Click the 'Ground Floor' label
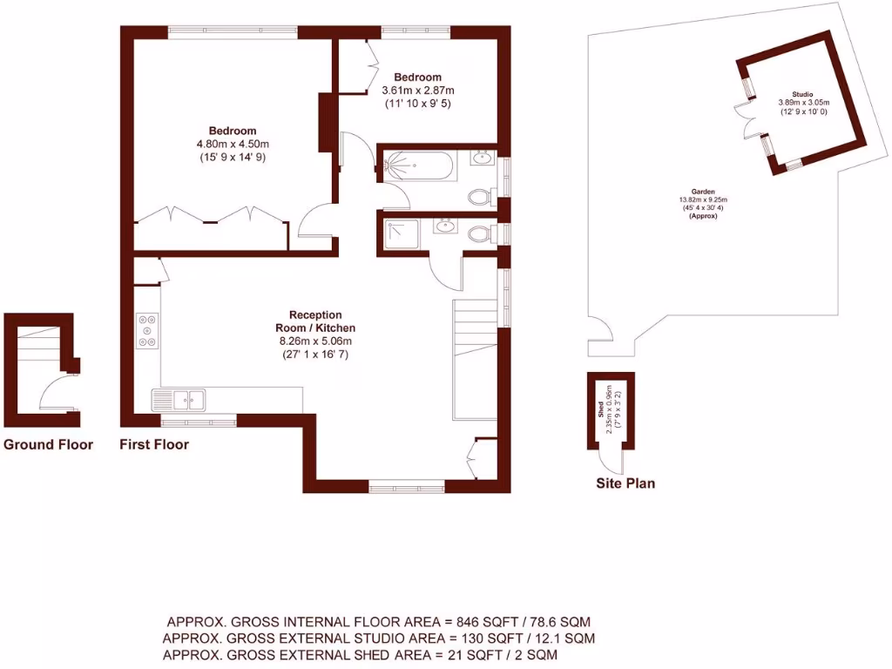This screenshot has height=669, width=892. coord(48,444)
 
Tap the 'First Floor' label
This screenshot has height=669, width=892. coord(154,444)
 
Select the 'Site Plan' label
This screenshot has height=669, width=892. coord(625,483)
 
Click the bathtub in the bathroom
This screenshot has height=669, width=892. coord(419,166)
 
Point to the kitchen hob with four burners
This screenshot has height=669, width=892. coord(147,331)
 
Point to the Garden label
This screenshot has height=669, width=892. coord(703,192)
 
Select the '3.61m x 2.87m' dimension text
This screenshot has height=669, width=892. coord(417,90)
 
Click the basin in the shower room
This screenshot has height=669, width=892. coord(447,226)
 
